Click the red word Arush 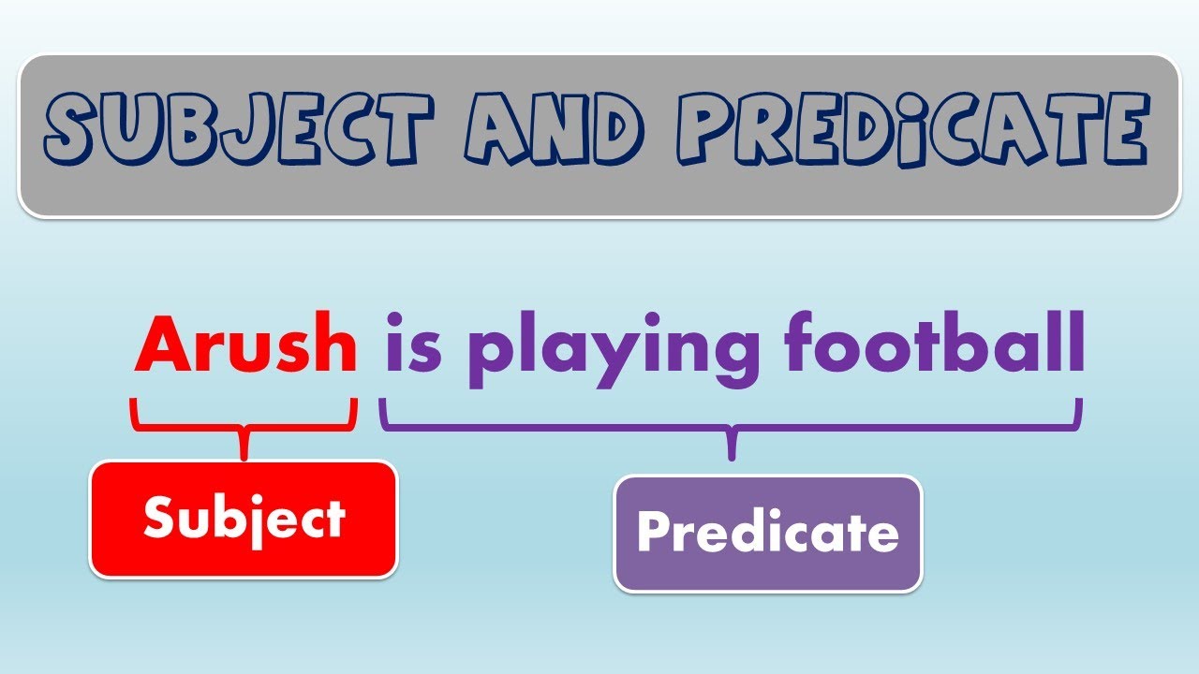coord(246,344)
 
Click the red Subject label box coord(244,519)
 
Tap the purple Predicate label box coord(768,533)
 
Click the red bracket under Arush coord(244,427)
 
